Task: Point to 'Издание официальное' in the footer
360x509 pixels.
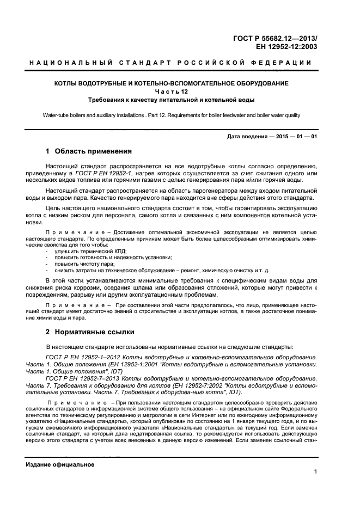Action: [x=60, y=464]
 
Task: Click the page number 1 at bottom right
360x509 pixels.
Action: [x=316, y=472]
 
